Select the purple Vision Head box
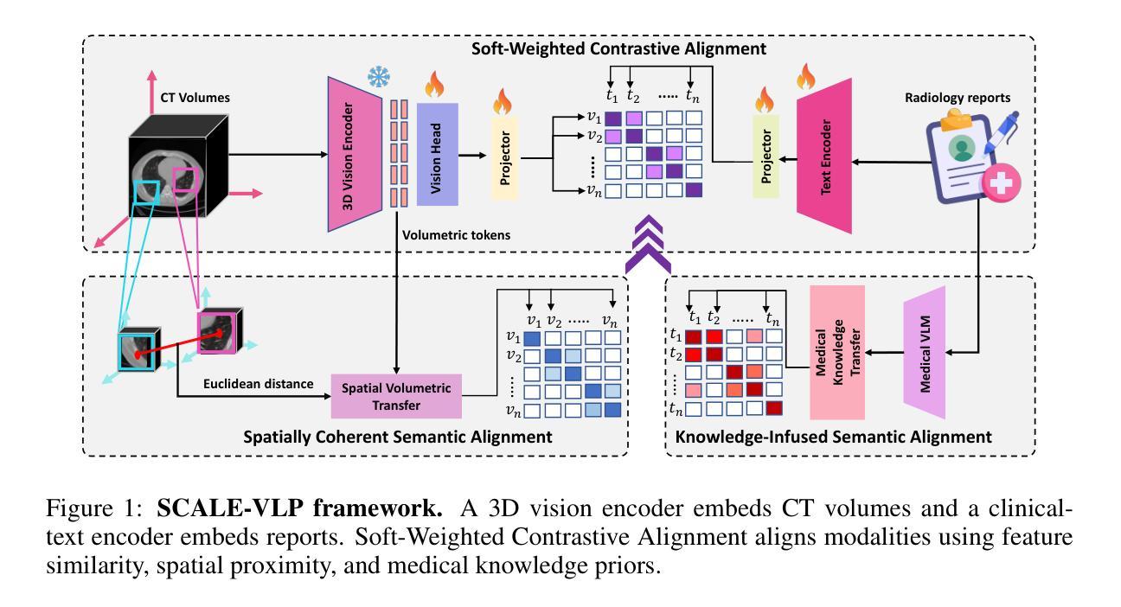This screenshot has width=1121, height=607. point(437,154)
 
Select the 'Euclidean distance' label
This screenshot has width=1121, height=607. point(258,383)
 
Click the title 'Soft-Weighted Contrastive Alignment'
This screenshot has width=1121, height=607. point(618,48)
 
